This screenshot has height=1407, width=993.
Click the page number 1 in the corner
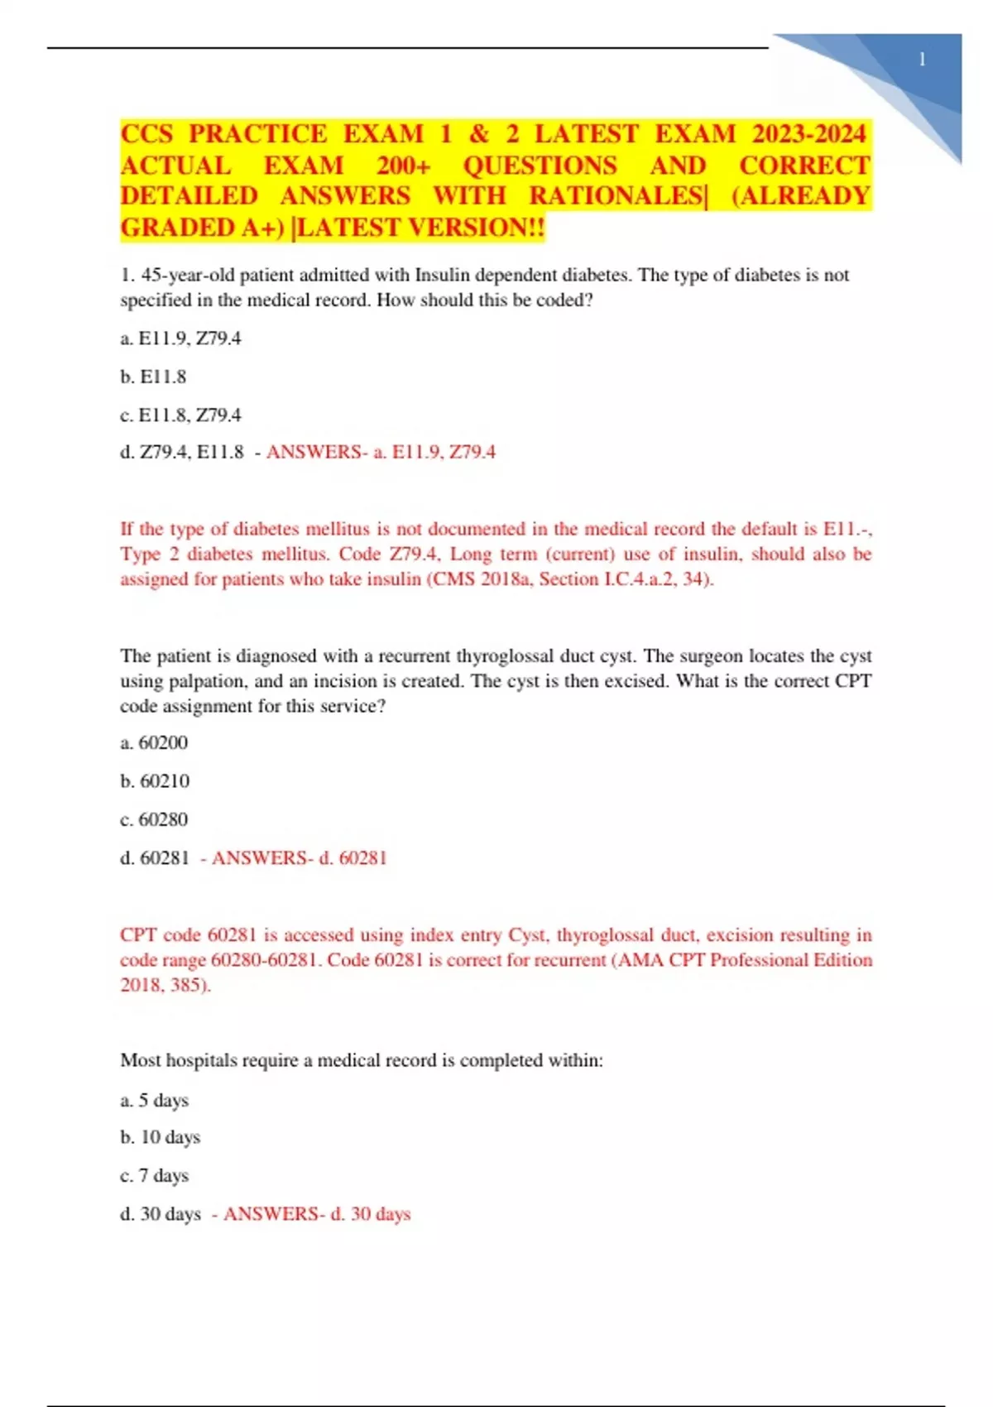pyautogui.click(x=922, y=60)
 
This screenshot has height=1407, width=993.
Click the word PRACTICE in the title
pyautogui.click(x=258, y=134)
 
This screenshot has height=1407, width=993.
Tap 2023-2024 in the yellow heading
pyautogui.click(x=808, y=134)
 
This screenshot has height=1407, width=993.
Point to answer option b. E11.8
pyautogui.click(x=153, y=377)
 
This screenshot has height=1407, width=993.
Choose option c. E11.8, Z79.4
pyautogui.click(x=180, y=415)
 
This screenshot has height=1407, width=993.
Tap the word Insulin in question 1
pyautogui.click(x=444, y=275)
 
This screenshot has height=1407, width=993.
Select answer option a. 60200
pyautogui.click(x=154, y=742)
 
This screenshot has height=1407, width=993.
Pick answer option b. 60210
pyautogui.click(x=155, y=780)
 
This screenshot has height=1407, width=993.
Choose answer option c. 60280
pyautogui.click(x=154, y=819)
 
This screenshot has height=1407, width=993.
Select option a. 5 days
pyautogui.click(x=155, y=1100)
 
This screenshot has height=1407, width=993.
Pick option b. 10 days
pyautogui.click(x=161, y=1137)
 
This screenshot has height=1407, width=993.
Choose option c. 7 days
pyautogui.click(x=155, y=1175)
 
